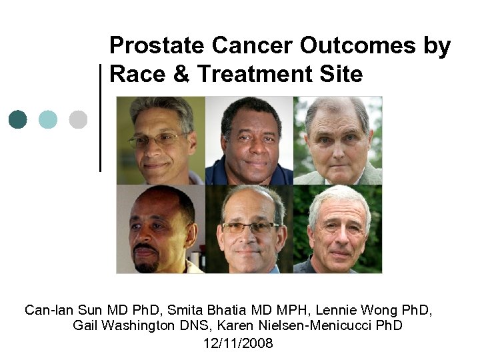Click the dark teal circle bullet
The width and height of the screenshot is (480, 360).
pos(18,119)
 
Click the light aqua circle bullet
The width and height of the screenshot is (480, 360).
pos(48,119)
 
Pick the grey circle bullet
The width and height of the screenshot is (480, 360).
pos(78,119)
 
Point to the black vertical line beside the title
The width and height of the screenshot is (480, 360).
pos(100,117)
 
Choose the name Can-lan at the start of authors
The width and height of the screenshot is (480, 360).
pos(46,310)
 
